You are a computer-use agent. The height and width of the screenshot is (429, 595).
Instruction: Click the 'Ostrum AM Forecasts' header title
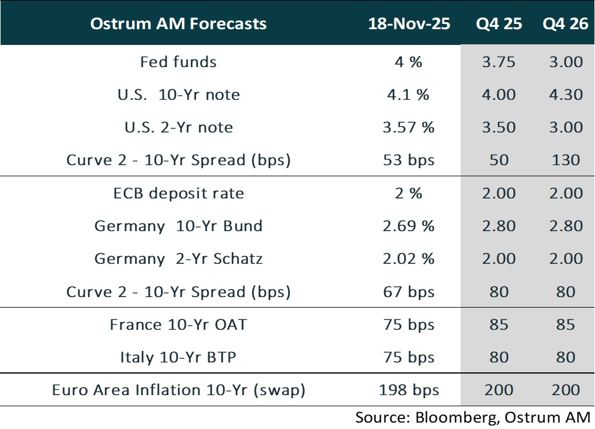click(x=178, y=24)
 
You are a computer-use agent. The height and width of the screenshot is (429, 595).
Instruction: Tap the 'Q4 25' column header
click(x=499, y=24)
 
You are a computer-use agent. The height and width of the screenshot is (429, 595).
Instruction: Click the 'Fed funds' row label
click(x=178, y=62)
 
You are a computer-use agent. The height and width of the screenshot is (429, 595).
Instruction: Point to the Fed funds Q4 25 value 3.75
click(x=499, y=62)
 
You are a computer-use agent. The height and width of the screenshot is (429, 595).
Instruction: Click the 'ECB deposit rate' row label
click(x=178, y=193)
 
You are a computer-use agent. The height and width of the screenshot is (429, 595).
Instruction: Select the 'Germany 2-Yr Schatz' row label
click(x=178, y=259)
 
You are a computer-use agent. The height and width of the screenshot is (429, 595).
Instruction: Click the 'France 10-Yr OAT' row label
click(x=178, y=325)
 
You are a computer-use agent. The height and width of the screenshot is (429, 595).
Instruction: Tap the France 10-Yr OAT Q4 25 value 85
click(x=499, y=325)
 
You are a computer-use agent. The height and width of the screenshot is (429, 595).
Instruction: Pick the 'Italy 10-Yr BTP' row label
click(x=178, y=357)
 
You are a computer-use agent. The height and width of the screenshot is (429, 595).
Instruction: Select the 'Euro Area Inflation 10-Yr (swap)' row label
click(x=178, y=390)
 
